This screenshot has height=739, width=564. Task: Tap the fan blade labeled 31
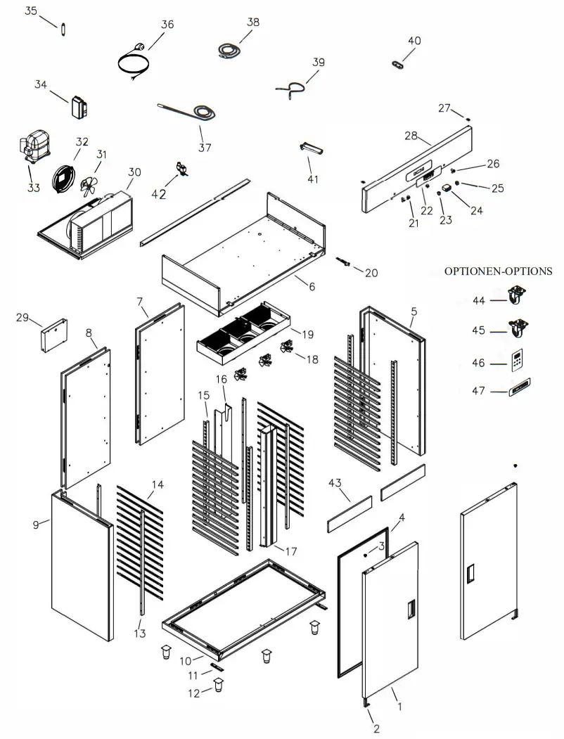(89, 185)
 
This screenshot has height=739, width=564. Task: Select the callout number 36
(167, 25)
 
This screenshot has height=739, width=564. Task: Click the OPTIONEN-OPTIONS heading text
(498, 271)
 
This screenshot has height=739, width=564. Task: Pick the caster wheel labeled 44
(518, 297)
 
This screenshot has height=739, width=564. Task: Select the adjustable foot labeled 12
(219, 684)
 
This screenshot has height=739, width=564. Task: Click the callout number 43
(335, 483)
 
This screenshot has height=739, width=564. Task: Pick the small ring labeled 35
(63, 28)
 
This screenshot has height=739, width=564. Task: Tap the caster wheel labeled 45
(518, 328)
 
